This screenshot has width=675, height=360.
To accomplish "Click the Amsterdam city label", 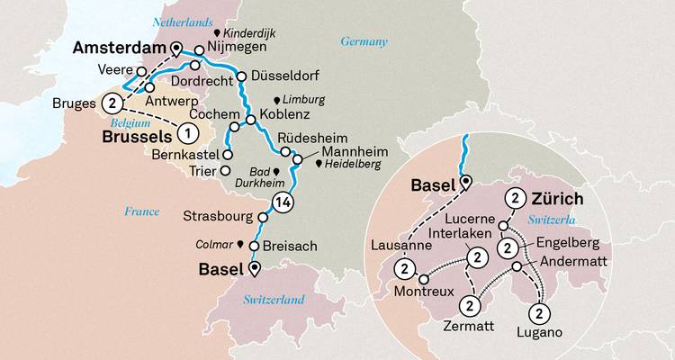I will [x=115, y=47].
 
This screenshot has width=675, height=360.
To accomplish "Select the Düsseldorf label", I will [x=283, y=76].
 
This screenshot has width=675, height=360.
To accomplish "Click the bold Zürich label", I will [x=562, y=199].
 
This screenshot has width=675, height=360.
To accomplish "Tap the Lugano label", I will [x=539, y=332].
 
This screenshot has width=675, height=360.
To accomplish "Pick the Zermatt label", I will [x=469, y=328].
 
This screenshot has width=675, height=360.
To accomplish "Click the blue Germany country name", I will [x=364, y=41].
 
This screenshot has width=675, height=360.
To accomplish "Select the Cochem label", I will [x=215, y=116].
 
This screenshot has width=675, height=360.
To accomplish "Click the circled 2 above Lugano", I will [x=537, y=312].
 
